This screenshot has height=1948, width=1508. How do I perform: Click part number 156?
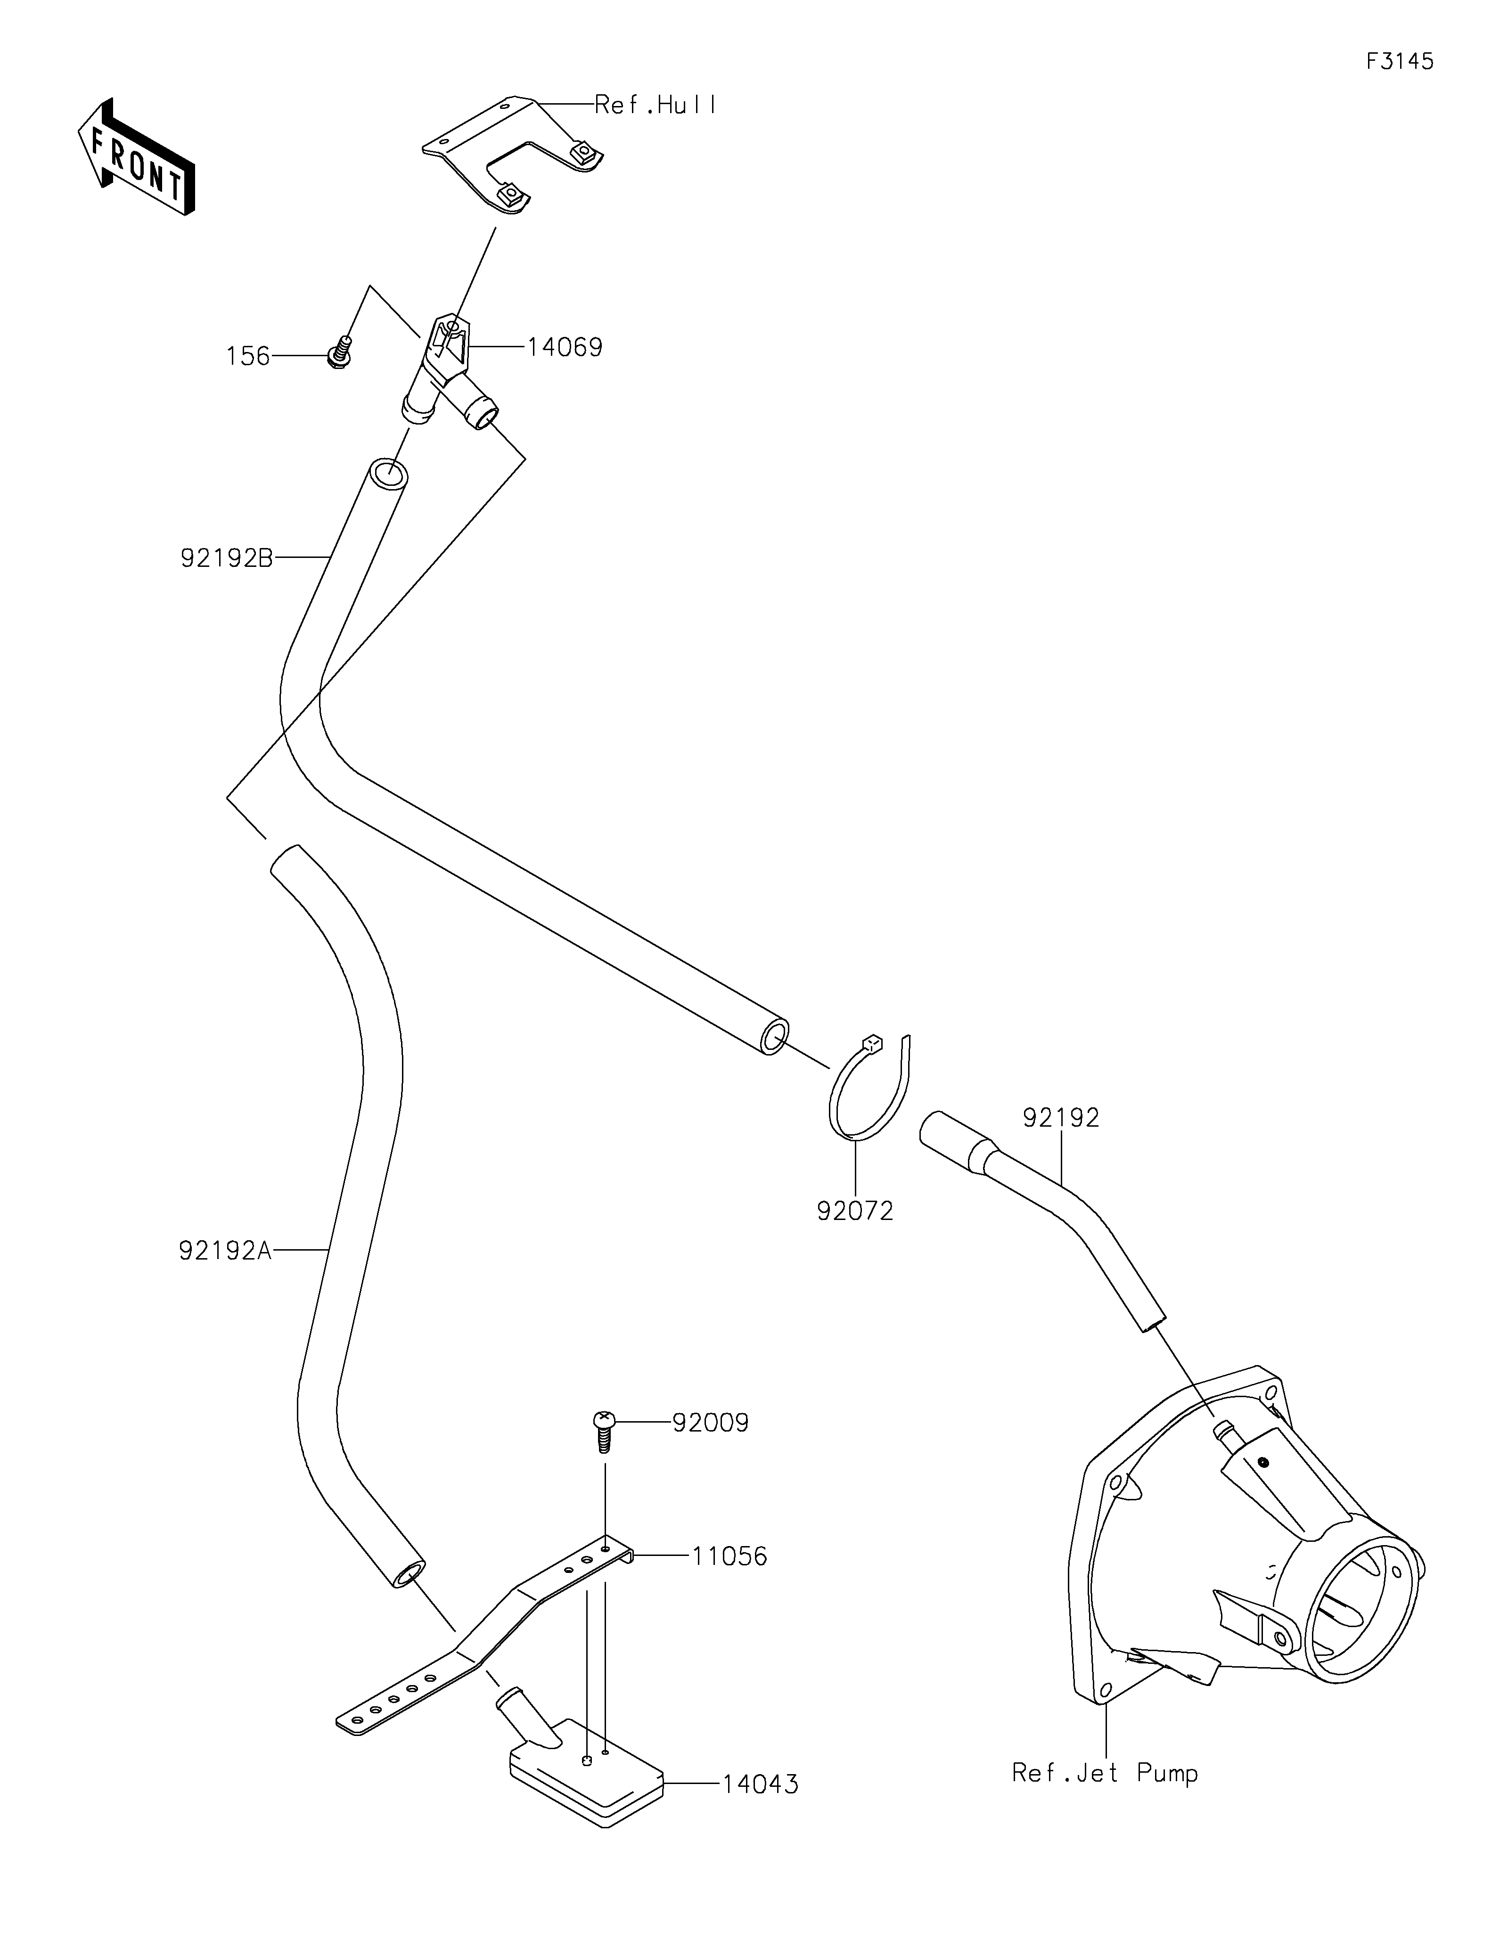(x=248, y=357)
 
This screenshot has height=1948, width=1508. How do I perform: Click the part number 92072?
(x=854, y=1211)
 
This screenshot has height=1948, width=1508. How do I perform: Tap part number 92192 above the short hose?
(x=1061, y=1118)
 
